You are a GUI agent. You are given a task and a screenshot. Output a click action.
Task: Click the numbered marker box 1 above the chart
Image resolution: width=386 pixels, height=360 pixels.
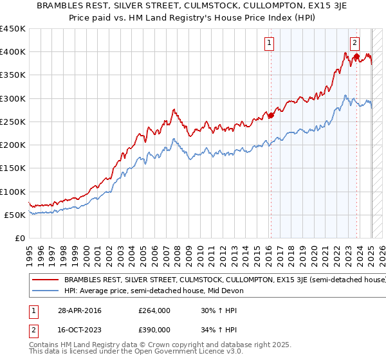(x=268, y=44)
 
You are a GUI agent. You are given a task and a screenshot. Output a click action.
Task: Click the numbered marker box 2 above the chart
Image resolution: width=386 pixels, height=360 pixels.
(x=354, y=44)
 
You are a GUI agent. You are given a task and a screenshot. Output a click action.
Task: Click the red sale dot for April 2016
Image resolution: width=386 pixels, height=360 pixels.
(x=271, y=116)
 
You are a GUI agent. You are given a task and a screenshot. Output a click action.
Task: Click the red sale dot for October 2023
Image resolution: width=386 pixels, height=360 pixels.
(x=356, y=57)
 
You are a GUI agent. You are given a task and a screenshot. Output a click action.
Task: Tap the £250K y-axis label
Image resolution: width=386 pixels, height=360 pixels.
(x=13, y=122)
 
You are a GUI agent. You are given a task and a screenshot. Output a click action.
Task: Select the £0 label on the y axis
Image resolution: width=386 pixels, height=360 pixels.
(x=19, y=238)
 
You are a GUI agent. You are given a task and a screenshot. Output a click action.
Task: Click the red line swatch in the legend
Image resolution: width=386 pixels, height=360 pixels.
(x=46, y=280)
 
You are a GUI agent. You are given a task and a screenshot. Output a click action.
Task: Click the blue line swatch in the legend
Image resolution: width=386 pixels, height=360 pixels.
(x=46, y=291)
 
